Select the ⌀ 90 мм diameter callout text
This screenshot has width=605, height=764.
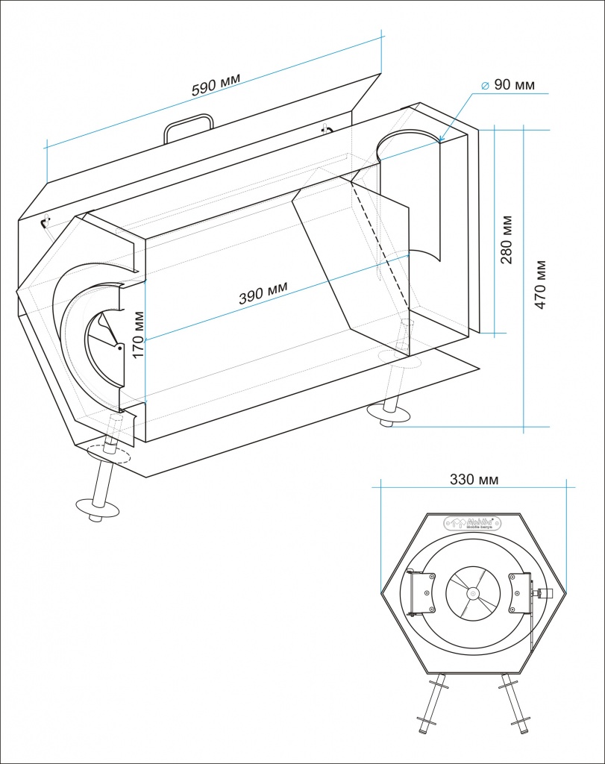507,85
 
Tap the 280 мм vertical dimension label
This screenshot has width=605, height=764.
507,239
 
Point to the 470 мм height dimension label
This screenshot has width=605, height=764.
541,284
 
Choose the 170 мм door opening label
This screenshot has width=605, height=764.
137,335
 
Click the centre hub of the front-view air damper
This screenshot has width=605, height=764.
473,594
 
